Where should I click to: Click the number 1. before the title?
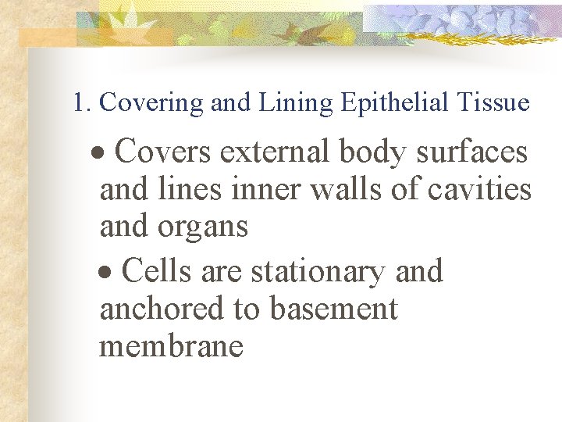pos(83,103)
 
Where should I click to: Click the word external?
pos(273,152)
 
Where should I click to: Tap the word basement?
pos(333,309)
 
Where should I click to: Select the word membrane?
pos(171,345)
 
